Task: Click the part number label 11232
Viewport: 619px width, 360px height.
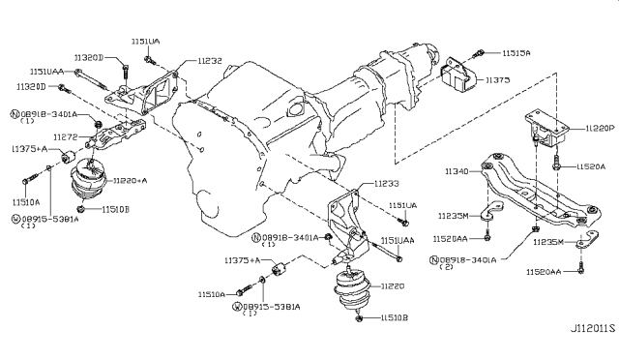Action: coord(211,60)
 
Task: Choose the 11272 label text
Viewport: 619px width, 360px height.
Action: coord(65,138)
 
